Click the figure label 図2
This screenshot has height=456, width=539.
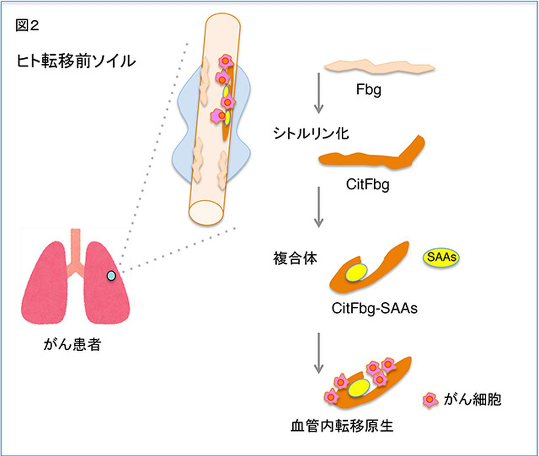point(27,26)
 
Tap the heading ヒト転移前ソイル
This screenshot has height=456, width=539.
point(76,61)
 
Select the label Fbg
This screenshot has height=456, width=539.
point(368,90)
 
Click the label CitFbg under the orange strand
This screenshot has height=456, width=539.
point(368,184)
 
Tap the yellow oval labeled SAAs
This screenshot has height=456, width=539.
point(441,257)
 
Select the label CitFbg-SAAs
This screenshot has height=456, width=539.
point(374,308)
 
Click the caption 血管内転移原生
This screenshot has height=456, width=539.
point(342,426)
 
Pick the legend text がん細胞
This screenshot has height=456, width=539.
point(472,399)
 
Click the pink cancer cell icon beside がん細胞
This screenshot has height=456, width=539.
point(430,399)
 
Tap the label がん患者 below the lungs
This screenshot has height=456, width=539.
point(72,345)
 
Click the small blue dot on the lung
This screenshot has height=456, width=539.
point(111,276)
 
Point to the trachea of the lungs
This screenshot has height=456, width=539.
point(75,248)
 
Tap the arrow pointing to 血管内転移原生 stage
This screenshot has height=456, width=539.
point(319,353)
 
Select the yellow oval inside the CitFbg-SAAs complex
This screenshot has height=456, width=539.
point(357,273)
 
